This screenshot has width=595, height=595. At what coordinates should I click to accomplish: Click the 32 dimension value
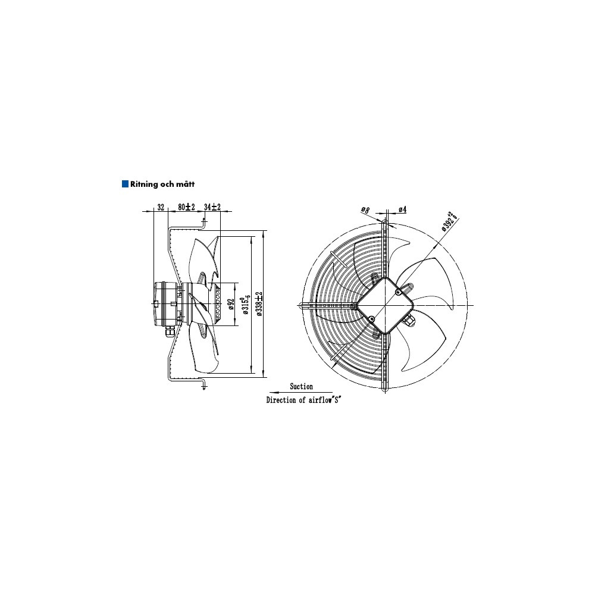tap(161, 207)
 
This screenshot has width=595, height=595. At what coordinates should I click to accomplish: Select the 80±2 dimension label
tap(186, 207)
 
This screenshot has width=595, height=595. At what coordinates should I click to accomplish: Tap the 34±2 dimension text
tap(212, 207)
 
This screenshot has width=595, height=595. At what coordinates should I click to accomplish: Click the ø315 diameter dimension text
tap(246, 304)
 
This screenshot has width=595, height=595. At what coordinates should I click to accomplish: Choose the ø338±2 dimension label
tap(259, 304)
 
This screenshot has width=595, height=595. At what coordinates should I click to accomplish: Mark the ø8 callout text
tap(365, 209)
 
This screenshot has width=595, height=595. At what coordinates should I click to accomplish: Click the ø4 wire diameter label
tap(403, 209)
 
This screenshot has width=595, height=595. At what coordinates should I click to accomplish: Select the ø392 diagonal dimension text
tap(449, 221)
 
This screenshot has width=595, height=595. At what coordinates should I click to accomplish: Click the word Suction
tap(301, 387)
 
